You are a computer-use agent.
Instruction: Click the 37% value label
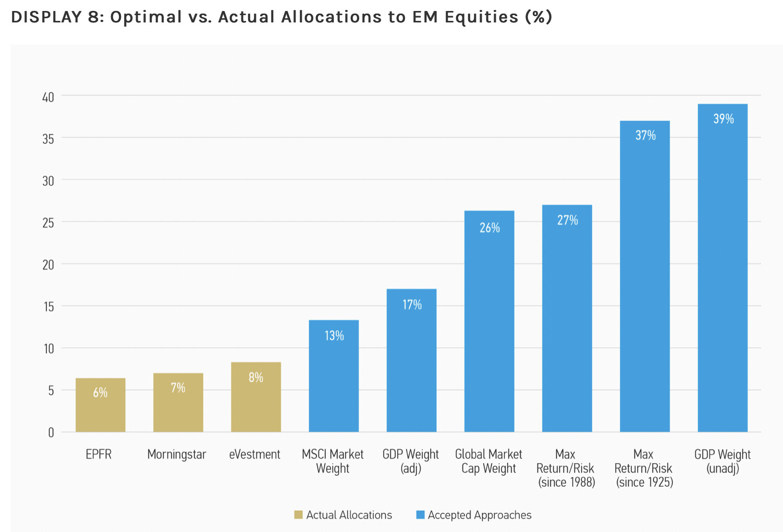[x=645, y=136]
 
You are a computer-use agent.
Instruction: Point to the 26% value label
[x=490, y=228]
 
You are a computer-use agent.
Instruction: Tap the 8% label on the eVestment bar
[x=255, y=378]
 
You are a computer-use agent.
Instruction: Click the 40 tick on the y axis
[x=48, y=97]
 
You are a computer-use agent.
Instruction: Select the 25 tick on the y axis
[x=48, y=223]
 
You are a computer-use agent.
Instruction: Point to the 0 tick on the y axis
[x=51, y=432]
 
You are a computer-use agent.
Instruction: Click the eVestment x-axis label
[x=254, y=454]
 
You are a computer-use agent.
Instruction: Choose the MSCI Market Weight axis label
[x=333, y=461]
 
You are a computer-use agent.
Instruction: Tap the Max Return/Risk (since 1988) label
[x=566, y=468]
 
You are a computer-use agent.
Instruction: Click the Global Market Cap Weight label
[x=488, y=461]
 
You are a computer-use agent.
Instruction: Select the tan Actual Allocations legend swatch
[x=298, y=515]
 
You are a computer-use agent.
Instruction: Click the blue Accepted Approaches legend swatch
[x=420, y=515]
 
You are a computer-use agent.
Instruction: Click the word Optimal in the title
[x=145, y=17]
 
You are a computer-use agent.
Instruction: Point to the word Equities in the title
[x=481, y=17]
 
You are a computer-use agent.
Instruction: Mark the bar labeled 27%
[x=567, y=319]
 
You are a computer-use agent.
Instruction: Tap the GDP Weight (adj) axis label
[x=411, y=461]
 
